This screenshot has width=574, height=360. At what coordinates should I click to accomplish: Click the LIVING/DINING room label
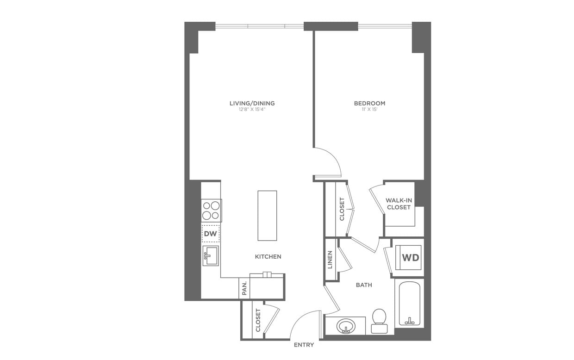pos(252,103)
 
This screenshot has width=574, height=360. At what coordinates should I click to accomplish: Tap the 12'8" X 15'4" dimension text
pos(252,110)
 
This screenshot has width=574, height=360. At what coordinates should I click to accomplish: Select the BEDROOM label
pos(369,103)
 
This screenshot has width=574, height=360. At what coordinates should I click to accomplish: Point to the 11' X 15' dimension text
pos(369,110)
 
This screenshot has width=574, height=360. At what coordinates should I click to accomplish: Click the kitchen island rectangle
pos(267,216)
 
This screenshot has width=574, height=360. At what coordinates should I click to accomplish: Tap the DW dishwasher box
pos(210,234)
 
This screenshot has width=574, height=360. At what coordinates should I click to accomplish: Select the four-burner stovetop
pos(211,210)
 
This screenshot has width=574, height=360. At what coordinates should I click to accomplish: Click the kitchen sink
pos(211,255)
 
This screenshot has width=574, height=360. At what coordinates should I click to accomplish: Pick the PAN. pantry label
pos(244,288)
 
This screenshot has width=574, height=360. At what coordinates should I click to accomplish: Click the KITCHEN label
pos(268,256)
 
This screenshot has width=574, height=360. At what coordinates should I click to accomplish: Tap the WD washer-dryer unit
pos(410,258)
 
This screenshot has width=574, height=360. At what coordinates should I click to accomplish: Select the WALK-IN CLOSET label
pos(399,204)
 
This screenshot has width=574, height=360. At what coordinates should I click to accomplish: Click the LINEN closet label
pos(330,259)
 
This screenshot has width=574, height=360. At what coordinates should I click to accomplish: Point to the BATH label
pos(364,285)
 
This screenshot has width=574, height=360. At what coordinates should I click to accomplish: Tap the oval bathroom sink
pos(345,326)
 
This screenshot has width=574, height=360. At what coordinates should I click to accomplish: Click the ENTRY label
pos(304,345)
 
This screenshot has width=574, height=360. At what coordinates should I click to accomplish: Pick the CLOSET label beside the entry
pos(258,320)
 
